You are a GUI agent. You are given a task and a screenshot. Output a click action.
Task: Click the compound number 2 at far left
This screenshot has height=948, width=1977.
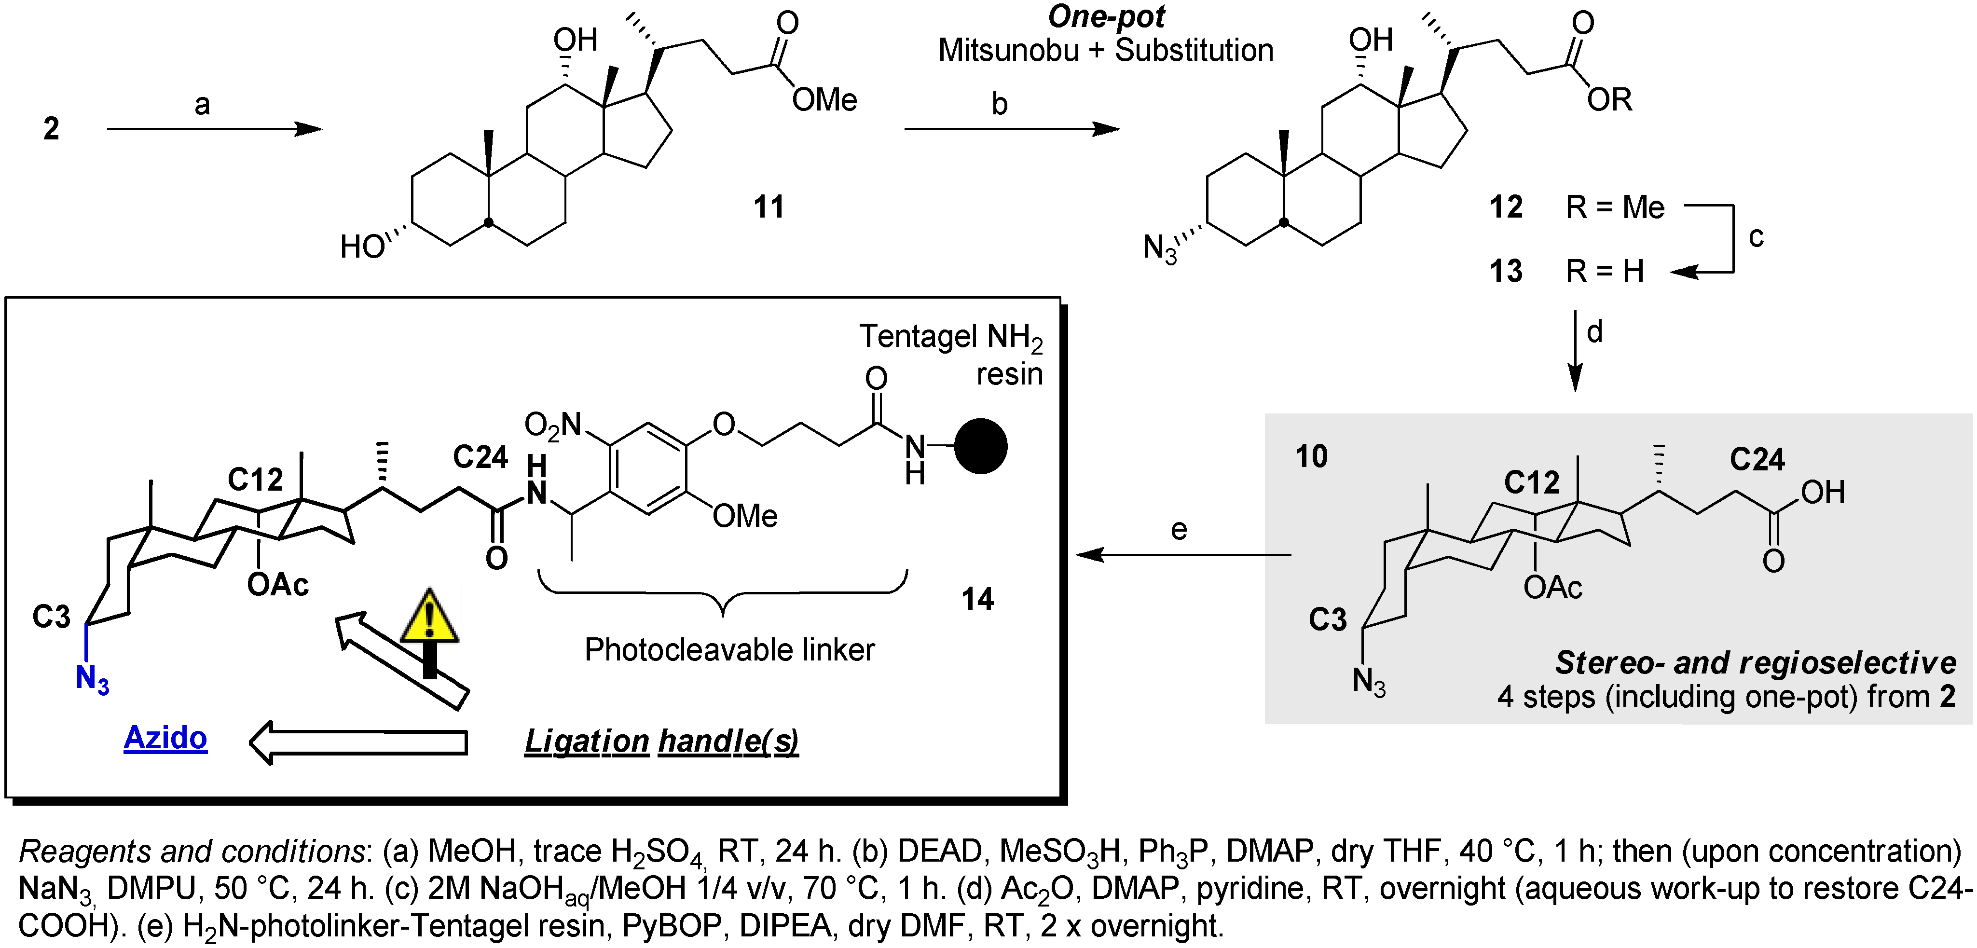click(x=51, y=128)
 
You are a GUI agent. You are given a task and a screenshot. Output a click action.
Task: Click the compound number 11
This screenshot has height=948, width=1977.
click(x=768, y=207)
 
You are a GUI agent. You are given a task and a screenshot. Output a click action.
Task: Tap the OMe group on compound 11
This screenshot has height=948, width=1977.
click(x=824, y=100)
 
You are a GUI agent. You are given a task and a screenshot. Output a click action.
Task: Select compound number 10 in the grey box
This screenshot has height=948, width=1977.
click(x=1312, y=457)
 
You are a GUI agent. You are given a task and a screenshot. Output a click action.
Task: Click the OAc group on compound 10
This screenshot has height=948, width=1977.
click(x=1552, y=588)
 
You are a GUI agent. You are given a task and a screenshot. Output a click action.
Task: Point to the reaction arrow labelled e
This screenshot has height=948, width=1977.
click(x=1182, y=554)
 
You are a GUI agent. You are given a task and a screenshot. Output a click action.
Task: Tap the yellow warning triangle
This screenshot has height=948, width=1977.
click(x=430, y=618)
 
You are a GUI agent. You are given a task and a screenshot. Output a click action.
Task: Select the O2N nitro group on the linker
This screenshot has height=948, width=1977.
click(x=552, y=425)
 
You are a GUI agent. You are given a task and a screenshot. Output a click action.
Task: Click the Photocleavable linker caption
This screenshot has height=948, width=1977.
click(x=729, y=650)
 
